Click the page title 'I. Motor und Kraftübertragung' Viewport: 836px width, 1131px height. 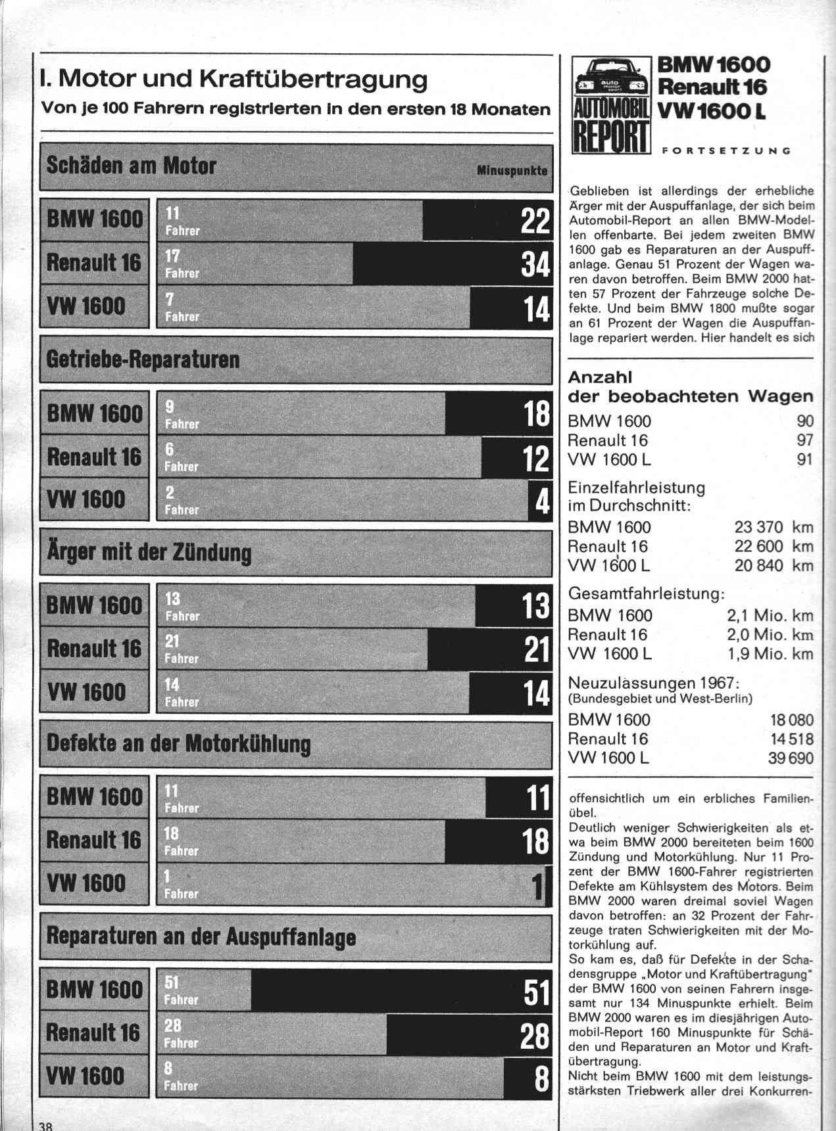[x=234, y=79]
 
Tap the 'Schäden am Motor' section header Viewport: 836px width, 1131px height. [x=131, y=166]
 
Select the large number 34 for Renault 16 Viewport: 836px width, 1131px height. [x=535, y=264]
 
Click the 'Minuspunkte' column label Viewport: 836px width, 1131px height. [x=512, y=170]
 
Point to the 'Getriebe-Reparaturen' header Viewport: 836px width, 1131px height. [x=143, y=359]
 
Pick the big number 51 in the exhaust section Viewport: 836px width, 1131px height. [x=535, y=991]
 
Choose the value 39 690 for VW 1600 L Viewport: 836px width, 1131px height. [x=790, y=758]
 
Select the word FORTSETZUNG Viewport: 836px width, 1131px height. [x=725, y=150]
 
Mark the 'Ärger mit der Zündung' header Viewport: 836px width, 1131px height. [x=149, y=552]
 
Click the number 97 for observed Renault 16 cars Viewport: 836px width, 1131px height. [x=804, y=440]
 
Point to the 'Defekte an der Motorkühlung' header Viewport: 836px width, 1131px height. [x=178, y=744]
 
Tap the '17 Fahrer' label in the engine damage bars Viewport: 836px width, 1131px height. [x=182, y=264]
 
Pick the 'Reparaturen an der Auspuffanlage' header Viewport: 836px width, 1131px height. [x=201, y=936]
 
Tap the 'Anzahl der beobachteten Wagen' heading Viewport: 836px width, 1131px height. [x=690, y=386]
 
